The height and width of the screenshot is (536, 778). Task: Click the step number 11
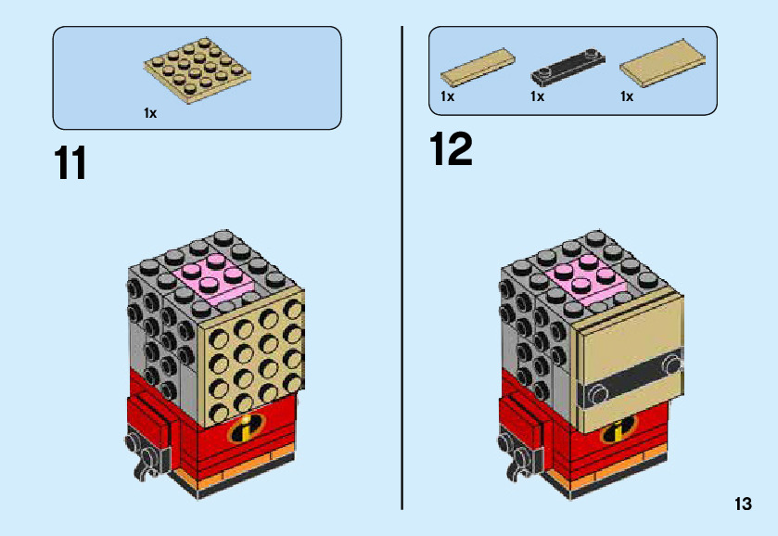(71, 163)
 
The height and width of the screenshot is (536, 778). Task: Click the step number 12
(452, 149)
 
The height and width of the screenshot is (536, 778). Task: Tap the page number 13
(742, 504)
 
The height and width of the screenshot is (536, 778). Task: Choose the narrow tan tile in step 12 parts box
(477, 67)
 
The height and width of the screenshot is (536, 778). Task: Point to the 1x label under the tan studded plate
(150, 113)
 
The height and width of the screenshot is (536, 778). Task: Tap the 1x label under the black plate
(537, 96)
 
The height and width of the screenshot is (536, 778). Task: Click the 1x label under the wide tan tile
(627, 96)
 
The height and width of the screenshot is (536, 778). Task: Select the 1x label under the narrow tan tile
(447, 96)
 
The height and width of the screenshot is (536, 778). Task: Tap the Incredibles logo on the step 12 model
(613, 430)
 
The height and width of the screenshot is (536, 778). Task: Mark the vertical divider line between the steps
(402, 269)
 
